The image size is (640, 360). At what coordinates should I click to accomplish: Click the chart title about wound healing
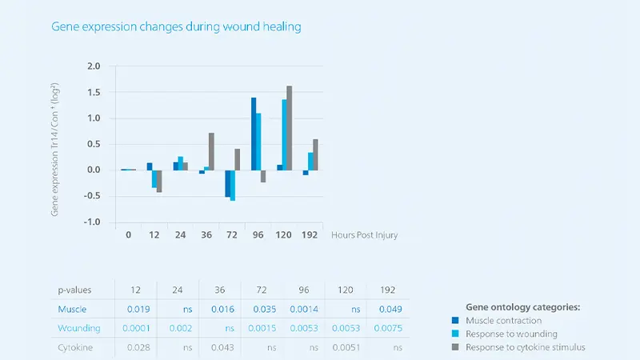click(176, 26)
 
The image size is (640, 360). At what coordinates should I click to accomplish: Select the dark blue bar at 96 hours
click(254, 134)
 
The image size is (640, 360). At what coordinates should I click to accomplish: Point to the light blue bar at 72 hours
click(233, 185)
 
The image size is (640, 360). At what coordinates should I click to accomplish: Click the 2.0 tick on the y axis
click(94, 66)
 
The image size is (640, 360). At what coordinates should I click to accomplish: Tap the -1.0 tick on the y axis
click(94, 222)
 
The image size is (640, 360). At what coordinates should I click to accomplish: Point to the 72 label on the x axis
click(232, 235)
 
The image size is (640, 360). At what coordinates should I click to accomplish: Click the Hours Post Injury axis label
click(364, 235)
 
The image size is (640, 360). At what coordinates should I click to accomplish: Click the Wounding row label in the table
click(78, 328)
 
